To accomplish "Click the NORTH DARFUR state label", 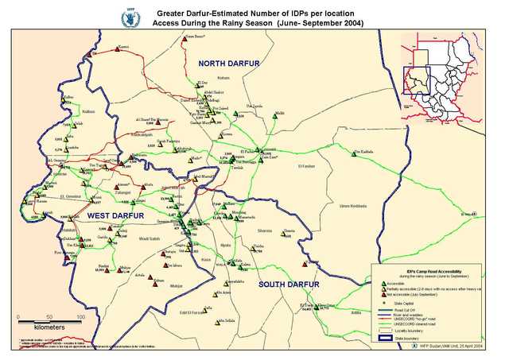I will [x=231, y=63].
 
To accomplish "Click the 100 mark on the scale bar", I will [x=80, y=315].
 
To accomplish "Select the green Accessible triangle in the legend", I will [x=383, y=284].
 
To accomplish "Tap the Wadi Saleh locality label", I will [x=150, y=238].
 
